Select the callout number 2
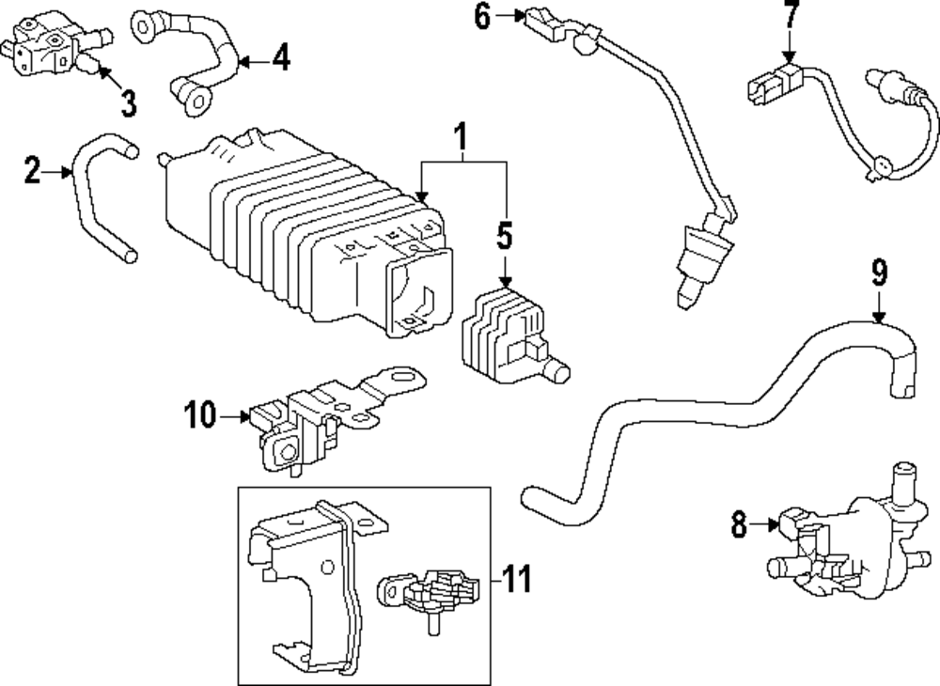(x=33, y=171)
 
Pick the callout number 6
(x=482, y=16)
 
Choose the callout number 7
(x=791, y=16)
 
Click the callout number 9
(x=878, y=273)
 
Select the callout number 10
(x=200, y=413)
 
